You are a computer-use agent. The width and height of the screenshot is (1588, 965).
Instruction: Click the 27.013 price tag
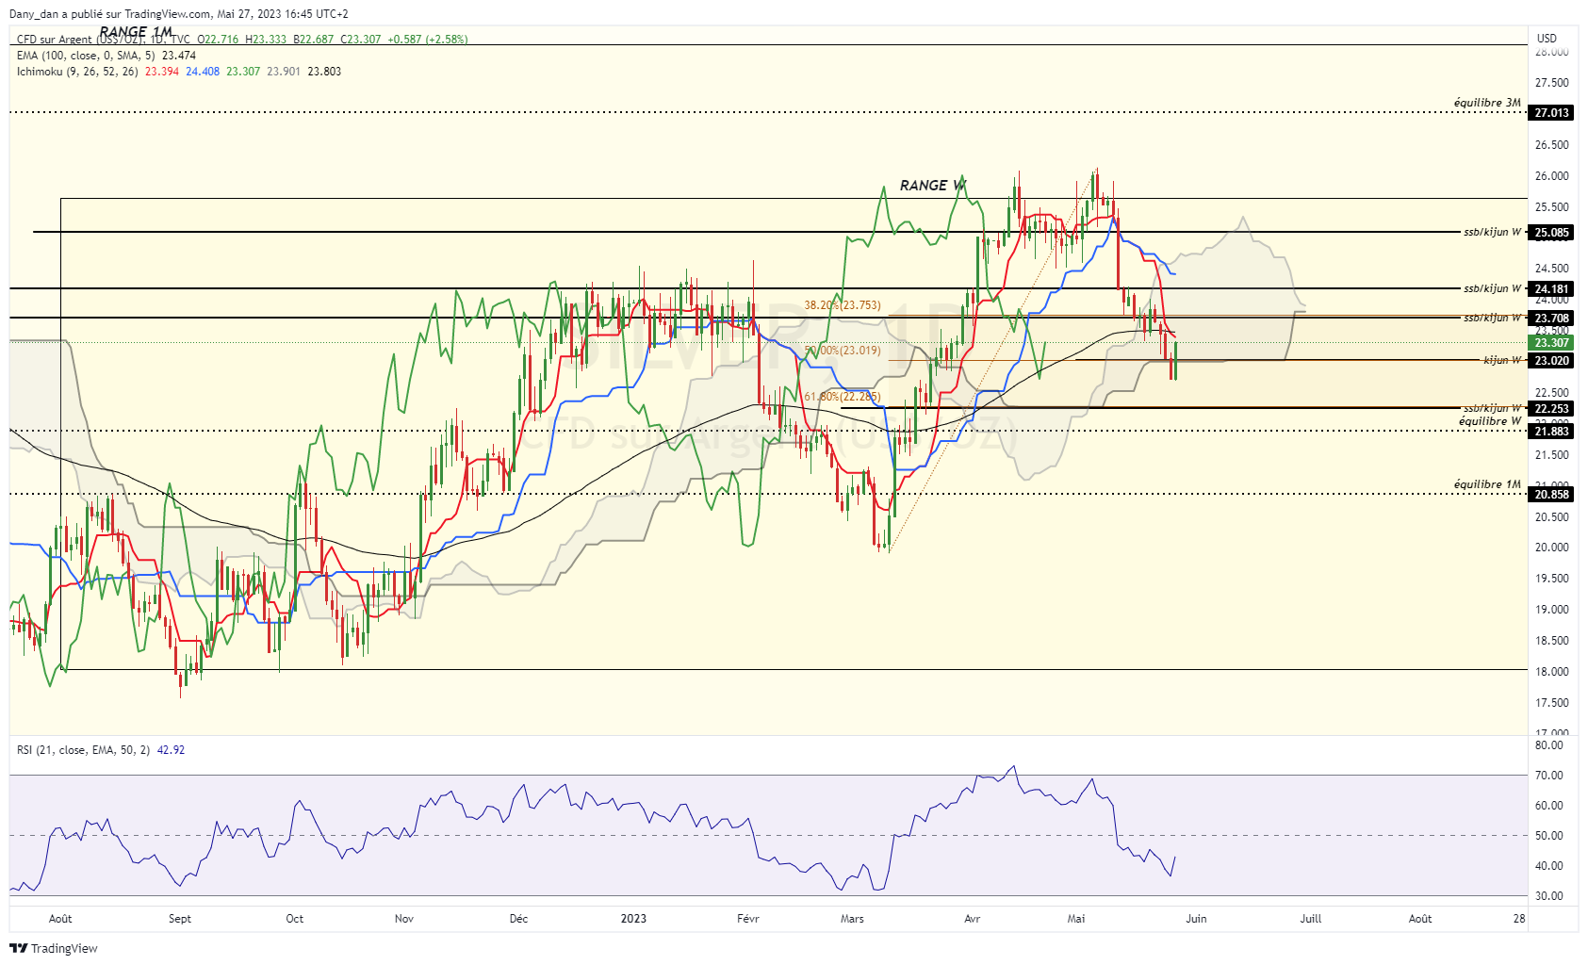pos(1551,113)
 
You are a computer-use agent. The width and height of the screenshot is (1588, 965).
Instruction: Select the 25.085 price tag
pos(1551,233)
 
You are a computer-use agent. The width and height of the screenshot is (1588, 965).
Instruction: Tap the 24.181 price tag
pos(1551,289)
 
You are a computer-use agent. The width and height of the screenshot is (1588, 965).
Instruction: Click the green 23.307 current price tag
pos(1551,343)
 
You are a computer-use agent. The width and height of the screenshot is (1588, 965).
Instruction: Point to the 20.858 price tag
pos(1551,495)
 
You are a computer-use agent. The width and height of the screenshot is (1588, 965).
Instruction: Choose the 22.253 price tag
pos(1551,409)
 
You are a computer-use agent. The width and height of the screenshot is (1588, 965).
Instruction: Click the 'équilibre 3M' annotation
pos(1487,103)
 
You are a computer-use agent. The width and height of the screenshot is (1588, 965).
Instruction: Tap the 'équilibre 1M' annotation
pos(1487,484)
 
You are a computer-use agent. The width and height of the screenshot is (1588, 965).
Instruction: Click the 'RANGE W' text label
pos(932,186)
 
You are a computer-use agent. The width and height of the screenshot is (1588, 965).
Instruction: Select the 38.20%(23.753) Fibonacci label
pos(842,305)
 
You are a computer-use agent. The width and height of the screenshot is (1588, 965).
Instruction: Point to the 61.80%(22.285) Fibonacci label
pos(842,397)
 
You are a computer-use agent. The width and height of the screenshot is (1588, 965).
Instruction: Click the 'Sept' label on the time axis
pos(180,919)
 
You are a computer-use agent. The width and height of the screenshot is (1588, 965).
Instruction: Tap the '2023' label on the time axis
pos(633,919)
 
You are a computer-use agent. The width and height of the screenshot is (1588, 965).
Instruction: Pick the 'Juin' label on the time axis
pos(1196,919)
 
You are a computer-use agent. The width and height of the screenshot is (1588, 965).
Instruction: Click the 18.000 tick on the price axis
pos(1551,672)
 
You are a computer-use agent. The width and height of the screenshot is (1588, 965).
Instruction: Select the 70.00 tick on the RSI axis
pos(1549,776)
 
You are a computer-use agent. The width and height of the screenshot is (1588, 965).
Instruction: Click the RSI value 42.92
pos(171,750)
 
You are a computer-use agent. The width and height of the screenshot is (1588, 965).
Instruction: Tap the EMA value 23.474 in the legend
pos(179,56)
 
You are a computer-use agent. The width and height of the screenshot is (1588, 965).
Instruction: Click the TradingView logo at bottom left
pos(54,948)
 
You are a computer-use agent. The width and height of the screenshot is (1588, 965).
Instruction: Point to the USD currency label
pos(1547,39)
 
